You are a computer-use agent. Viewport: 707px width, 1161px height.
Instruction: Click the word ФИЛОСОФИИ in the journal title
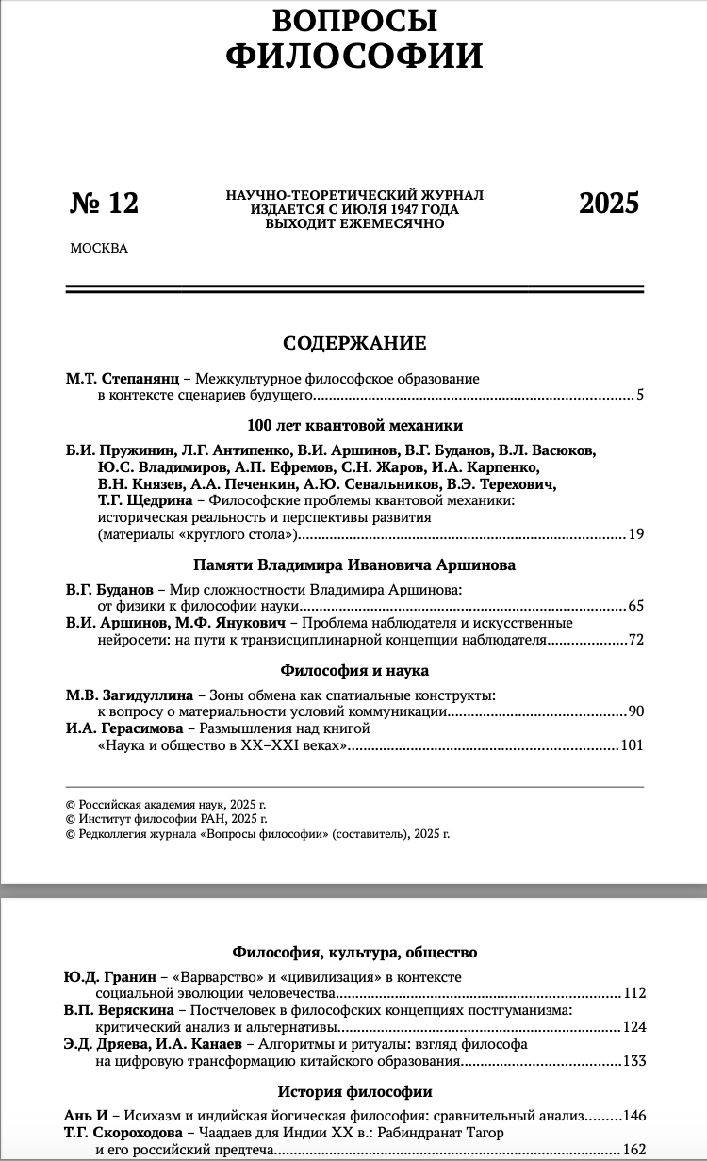(353, 56)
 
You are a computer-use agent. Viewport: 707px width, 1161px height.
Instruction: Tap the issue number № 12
(104, 203)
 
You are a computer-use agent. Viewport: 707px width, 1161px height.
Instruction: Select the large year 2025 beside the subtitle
(608, 203)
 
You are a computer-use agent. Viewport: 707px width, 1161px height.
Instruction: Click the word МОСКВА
(98, 249)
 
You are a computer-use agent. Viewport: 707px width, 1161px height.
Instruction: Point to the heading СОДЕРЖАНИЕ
(354, 343)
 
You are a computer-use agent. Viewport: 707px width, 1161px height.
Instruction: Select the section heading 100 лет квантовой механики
(354, 425)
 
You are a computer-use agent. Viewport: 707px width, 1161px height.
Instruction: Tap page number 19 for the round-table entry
(635, 535)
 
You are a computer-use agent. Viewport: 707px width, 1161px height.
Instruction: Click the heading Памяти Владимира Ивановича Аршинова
(354, 565)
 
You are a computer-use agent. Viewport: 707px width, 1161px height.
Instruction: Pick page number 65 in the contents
(635, 606)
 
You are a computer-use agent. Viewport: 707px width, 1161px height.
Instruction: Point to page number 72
(635, 641)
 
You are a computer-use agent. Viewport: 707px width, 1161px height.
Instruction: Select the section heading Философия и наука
(354, 671)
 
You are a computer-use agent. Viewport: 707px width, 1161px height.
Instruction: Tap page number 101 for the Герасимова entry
(632, 746)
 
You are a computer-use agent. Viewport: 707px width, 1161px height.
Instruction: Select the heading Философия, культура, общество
(354, 953)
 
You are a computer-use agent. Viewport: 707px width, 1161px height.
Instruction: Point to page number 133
(633, 1062)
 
